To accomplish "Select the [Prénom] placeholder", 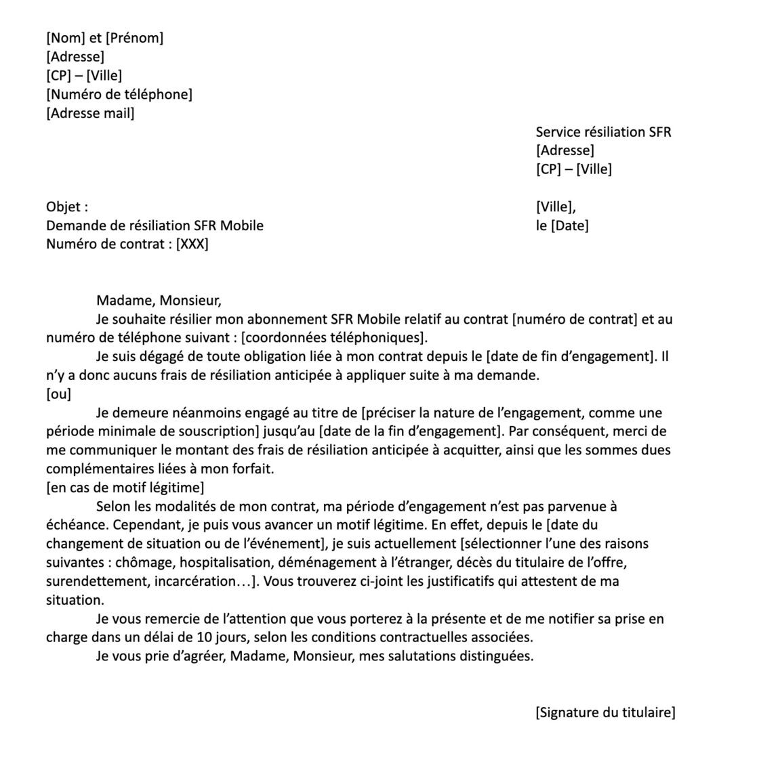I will tap(134, 38).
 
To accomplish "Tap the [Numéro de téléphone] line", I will tap(119, 94).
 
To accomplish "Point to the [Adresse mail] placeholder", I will tap(90, 113).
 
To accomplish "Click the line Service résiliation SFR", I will tap(603, 132).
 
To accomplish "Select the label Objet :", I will tap(67, 207).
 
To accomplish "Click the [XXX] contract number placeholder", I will tap(192, 244).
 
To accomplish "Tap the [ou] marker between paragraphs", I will tap(58, 394).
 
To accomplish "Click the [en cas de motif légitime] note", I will tap(125, 488).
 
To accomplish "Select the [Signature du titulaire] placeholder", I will tap(605, 712).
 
